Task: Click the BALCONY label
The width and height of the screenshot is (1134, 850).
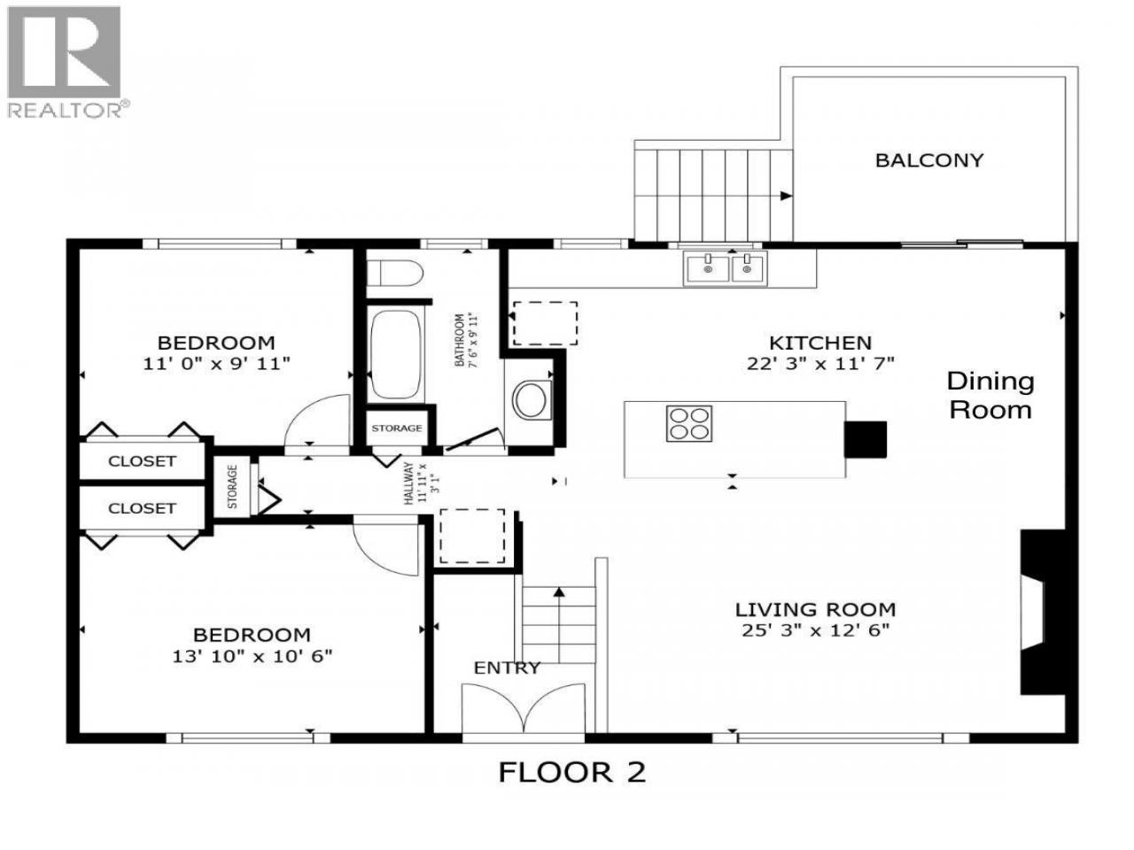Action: (928, 160)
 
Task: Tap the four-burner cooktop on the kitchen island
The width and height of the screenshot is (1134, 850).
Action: (688, 423)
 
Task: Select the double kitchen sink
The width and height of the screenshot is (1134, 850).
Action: (726, 268)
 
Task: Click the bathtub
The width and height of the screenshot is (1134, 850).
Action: (395, 354)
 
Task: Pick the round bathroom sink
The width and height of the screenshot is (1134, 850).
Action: (530, 400)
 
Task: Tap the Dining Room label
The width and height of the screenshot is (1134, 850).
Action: (990, 396)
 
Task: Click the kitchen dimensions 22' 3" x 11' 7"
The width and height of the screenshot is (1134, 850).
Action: (819, 364)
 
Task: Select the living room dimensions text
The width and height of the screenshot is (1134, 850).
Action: (815, 630)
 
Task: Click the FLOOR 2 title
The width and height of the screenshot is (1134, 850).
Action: (572, 773)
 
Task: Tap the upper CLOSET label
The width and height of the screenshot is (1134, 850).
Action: (142, 461)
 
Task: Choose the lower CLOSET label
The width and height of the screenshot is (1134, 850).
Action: (142, 508)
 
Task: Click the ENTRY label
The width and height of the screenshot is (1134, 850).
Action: (507, 668)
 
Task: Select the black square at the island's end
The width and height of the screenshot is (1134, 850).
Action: (865, 439)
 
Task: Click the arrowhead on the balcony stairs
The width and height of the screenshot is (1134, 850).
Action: (785, 196)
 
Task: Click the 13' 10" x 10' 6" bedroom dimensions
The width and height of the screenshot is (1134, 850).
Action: (252, 656)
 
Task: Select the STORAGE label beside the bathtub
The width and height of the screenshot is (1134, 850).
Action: (396, 429)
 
